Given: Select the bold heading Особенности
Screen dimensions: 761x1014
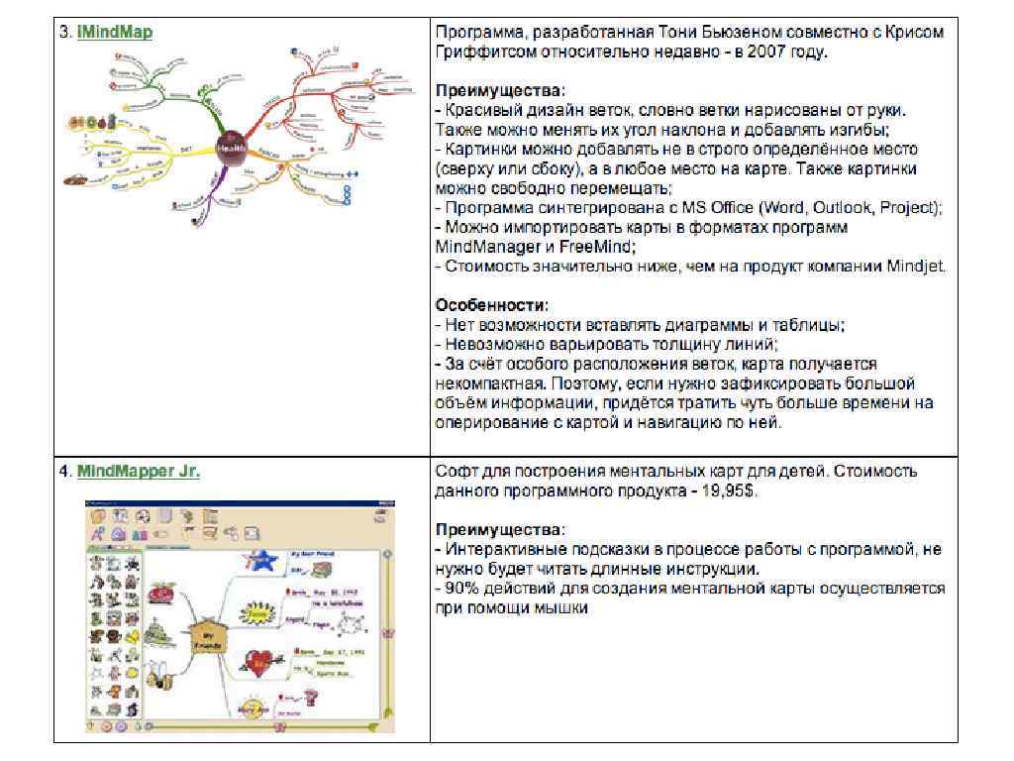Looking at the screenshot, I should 490,305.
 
